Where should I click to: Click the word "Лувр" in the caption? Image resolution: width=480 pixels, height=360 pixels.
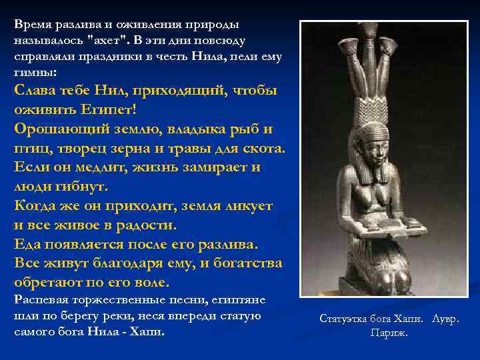point(445,319)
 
